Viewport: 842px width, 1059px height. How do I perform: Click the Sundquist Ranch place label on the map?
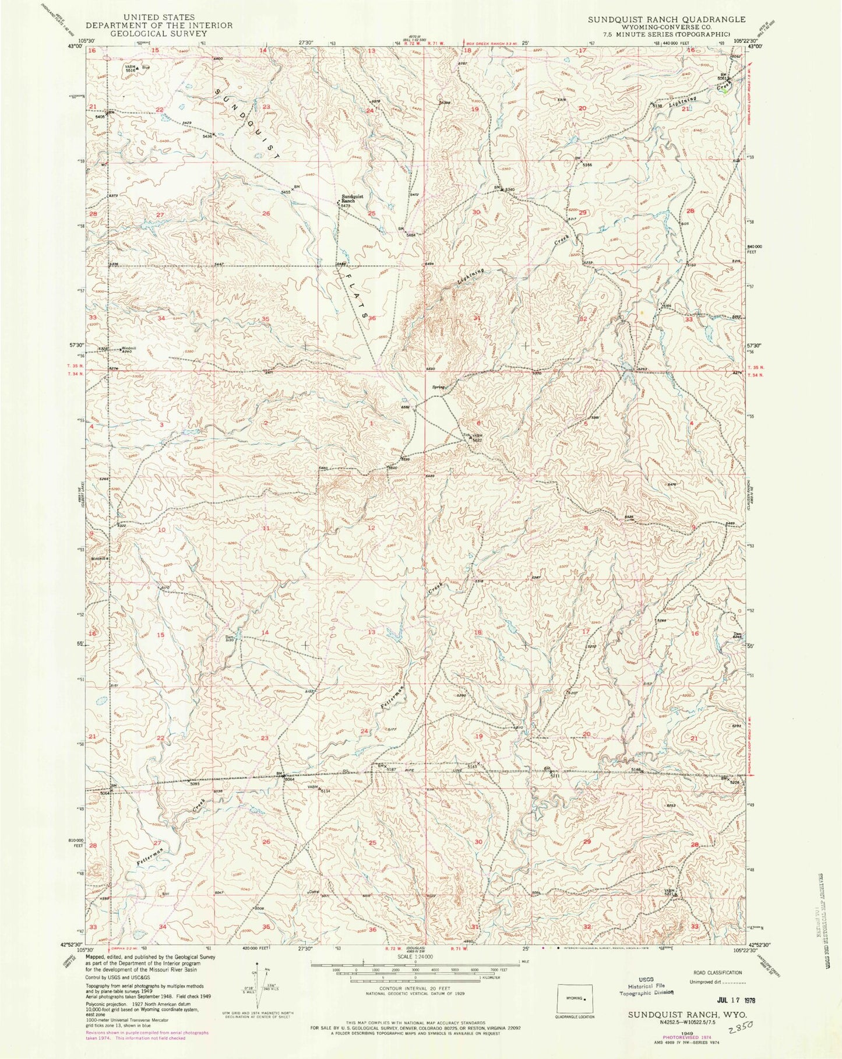352,199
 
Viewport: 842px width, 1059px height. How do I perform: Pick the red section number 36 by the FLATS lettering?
372,318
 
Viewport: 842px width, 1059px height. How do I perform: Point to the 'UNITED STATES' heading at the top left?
150,18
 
